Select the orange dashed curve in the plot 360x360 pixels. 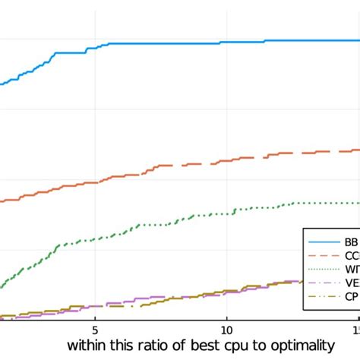[x=152, y=172]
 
